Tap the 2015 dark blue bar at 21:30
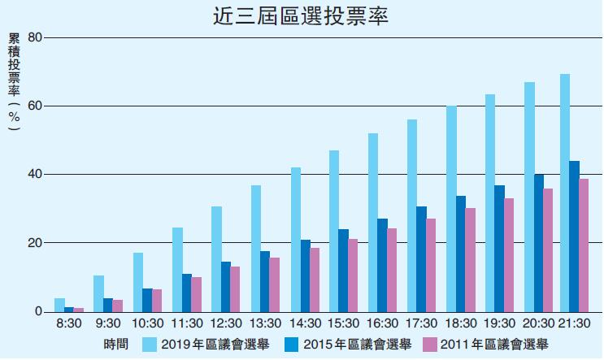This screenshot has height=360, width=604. point(575,236)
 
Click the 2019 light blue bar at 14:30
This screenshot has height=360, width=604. point(296,240)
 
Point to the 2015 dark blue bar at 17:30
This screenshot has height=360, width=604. point(422,259)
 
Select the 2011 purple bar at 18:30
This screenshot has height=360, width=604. point(470,260)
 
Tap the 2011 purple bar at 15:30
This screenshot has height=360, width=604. point(353,275)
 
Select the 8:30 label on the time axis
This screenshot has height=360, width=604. point(68,323)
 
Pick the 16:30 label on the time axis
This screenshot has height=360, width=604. point(383,323)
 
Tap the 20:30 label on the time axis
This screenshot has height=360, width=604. point(539,323)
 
